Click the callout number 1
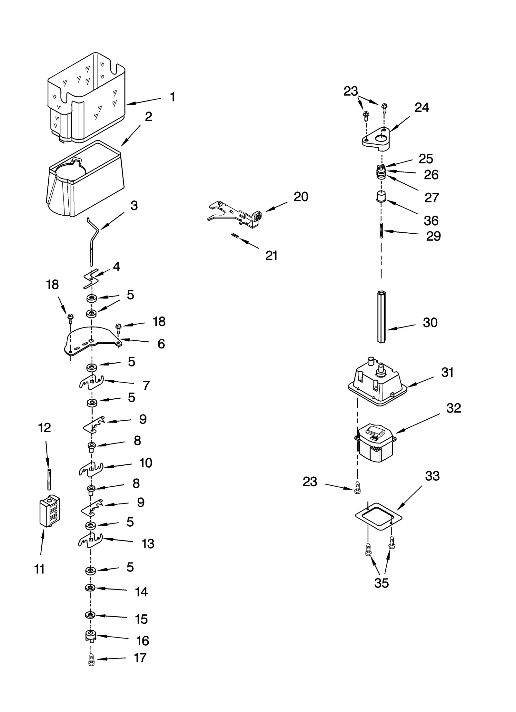[173, 97]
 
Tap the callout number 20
[301, 197]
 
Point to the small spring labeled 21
[235, 236]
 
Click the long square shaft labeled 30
[381, 317]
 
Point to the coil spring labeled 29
[381, 230]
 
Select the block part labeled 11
[49, 512]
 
